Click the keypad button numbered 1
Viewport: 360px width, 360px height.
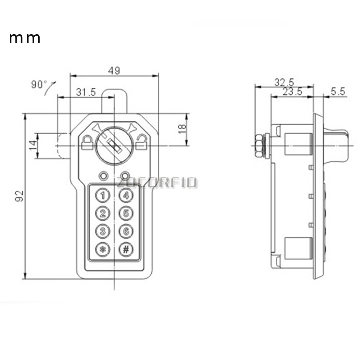(x=103, y=195)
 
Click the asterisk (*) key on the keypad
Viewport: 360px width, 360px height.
(x=103, y=249)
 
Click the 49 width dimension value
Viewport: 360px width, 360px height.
(x=114, y=71)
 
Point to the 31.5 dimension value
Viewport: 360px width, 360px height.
(x=86, y=92)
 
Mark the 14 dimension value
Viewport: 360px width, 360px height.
(x=33, y=145)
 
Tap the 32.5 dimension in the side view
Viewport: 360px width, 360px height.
(x=284, y=82)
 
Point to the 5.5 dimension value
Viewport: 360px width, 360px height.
(x=338, y=92)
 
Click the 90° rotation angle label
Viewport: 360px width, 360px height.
(x=39, y=85)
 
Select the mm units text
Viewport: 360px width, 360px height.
(x=24, y=38)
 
